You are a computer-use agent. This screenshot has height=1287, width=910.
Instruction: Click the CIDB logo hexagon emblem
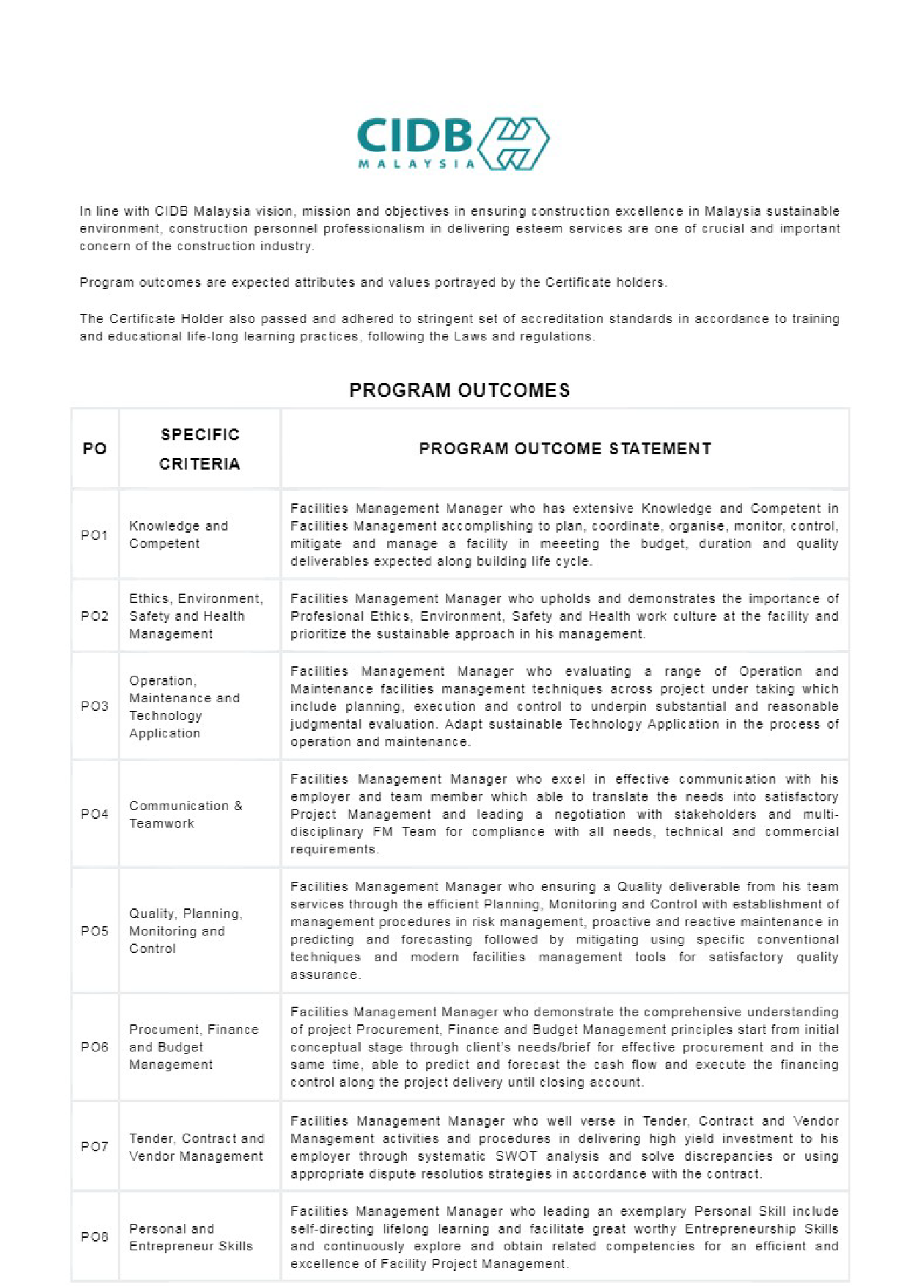513,143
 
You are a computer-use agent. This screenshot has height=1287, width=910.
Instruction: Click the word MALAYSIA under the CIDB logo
416,164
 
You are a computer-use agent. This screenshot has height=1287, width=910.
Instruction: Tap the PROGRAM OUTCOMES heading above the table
460,390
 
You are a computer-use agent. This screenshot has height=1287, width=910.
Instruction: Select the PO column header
95,449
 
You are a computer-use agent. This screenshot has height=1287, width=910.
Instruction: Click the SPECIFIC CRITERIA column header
199,449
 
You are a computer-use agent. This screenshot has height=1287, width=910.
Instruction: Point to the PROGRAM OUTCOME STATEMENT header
565,449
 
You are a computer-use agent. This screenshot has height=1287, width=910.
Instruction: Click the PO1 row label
95,535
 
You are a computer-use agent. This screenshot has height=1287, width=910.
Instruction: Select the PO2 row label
95,616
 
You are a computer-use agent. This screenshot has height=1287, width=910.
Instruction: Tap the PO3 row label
95,707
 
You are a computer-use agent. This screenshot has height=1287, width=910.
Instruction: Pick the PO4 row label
95,814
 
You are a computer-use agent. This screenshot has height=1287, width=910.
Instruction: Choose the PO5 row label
95,931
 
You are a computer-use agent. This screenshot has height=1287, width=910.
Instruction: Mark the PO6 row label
95,1047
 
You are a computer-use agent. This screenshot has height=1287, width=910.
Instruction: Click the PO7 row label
95,1147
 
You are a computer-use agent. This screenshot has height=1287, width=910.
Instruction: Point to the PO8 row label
95,1237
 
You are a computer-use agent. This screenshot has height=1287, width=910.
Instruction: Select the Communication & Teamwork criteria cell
186,814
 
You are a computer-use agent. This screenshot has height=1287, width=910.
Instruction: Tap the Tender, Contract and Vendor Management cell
196,1148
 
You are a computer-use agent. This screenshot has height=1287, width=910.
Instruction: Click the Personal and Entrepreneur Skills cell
191,1237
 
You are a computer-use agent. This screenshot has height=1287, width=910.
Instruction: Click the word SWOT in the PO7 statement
516,1156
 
